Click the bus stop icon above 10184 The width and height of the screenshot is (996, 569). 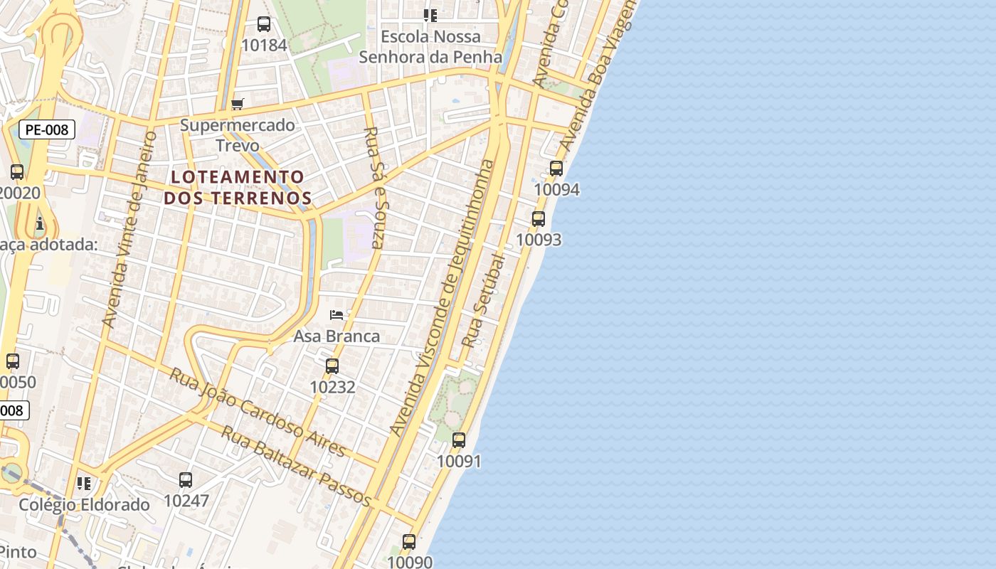point(264,24)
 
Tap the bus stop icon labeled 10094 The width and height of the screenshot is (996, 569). point(556,169)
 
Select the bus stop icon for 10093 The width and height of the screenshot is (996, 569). point(539,219)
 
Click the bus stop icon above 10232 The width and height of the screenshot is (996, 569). point(332,366)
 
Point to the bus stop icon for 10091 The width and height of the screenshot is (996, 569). point(459,440)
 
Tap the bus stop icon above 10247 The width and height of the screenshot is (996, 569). point(186,480)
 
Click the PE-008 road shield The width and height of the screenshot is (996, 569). point(47,129)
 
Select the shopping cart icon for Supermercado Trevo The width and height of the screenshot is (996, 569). point(238,105)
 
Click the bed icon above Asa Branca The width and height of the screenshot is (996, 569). point(337,314)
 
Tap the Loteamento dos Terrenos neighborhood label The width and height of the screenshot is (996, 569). point(238,187)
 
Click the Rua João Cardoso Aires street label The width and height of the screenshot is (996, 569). point(257,413)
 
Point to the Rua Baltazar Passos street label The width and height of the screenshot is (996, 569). point(296,467)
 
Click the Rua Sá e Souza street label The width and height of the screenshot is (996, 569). point(373,188)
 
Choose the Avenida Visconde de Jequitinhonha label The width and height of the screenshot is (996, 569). point(443,297)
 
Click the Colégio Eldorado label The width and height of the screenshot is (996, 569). point(85,505)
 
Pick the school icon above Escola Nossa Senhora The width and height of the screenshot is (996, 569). point(430,15)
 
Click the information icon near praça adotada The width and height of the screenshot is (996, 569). point(39,224)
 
